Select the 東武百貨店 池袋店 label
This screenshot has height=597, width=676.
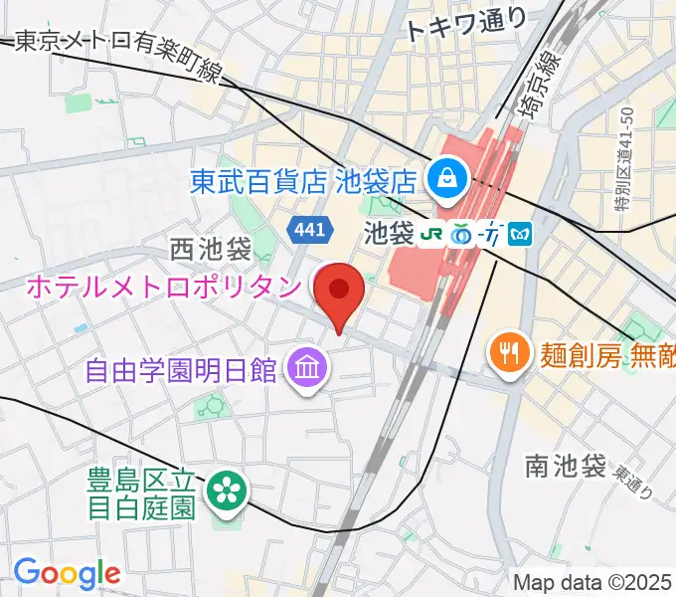(303, 181)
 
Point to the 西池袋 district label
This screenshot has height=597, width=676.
(210, 248)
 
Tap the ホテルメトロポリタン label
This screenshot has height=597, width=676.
(162, 288)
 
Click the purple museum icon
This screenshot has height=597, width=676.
(305, 371)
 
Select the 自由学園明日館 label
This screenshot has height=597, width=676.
(180, 371)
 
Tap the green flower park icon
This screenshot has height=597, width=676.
(225, 491)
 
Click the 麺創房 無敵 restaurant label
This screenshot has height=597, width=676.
(607, 352)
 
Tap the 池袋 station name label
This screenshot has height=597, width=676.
(388, 236)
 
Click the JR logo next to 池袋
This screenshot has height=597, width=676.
(428, 235)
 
